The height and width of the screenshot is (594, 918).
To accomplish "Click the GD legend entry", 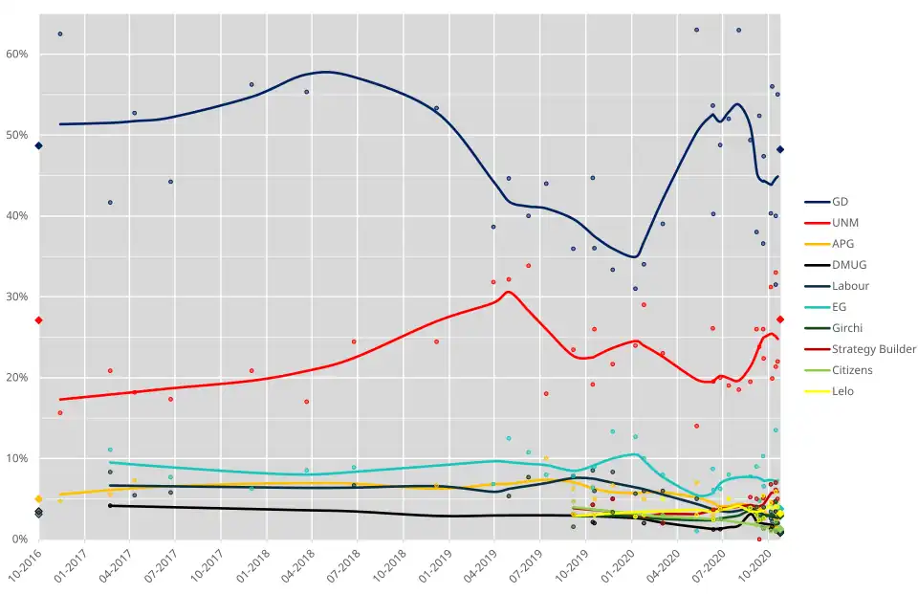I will pyautogui.click(x=840, y=202).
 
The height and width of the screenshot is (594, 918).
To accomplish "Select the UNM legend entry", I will pyautogui.click(x=844, y=223).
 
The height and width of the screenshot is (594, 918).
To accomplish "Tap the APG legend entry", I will pyautogui.click(x=843, y=244).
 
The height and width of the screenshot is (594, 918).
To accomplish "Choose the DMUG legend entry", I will pyautogui.click(x=848, y=265).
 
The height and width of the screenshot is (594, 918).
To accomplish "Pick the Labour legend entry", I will pyautogui.click(x=850, y=286).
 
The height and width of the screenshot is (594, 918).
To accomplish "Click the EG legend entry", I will pyautogui.click(x=840, y=307).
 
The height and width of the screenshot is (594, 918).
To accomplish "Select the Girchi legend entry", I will pyautogui.click(x=847, y=328).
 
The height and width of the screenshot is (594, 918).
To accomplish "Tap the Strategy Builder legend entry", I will pyautogui.click(x=874, y=349).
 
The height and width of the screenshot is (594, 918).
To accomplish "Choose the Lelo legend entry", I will pyautogui.click(x=842, y=391).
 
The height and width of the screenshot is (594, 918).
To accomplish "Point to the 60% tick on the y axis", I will pyautogui.click(x=18, y=55).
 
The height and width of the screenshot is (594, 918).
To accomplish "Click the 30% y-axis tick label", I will pyautogui.click(x=18, y=297).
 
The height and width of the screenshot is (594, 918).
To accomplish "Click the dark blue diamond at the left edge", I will pyautogui.click(x=38, y=145).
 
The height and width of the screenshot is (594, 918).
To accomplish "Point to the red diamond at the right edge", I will pyautogui.click(x=780, y=319).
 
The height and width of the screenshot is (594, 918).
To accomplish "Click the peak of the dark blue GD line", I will pyautogui.click(x=326, y=72).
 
